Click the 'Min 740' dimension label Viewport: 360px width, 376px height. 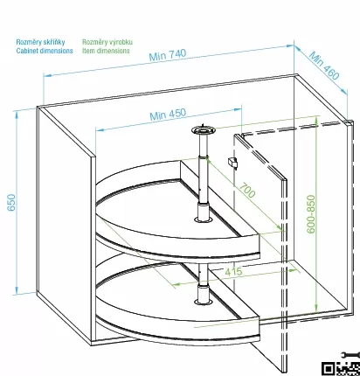(x=168, y=55)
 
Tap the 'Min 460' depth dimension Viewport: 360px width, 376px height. (x=324, y=66)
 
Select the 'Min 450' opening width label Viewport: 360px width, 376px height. (x=168, y=115)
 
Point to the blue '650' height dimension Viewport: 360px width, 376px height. (x=11, y=202)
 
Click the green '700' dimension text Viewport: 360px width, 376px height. (x=247, y=191)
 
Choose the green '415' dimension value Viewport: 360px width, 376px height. (x=233, y=272)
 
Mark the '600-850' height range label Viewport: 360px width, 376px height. (x=311, y=214)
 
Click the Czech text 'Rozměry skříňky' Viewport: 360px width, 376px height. (x=40, y=42)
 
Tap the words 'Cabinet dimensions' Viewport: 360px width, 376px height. (x=45, y=51)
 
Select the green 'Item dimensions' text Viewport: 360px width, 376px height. (x=106, y=51)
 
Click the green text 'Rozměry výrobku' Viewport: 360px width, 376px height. (x=107, y=42)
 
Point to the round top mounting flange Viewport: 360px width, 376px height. (x=204, y=129)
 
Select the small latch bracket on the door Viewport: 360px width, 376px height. (x=232, y=163)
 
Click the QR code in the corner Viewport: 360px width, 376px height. (x=341, y=369)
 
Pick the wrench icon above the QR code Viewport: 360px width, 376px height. (x=350, y=355)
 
